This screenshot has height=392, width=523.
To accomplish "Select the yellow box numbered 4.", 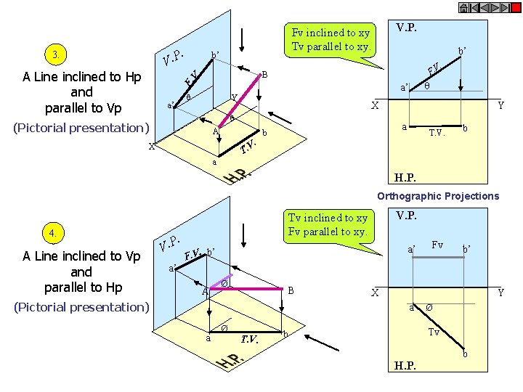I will coord(53,234).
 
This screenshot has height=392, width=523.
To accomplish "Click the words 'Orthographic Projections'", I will coord(438,196).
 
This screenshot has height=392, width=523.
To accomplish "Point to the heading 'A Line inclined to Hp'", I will coord(82,77).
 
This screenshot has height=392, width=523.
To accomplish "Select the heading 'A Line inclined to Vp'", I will coord(81,256).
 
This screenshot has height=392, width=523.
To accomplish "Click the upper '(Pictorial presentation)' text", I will coord(81,128).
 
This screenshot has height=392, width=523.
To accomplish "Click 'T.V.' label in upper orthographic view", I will coord(437,133).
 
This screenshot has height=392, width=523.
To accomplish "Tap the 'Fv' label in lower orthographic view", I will coord(437,245).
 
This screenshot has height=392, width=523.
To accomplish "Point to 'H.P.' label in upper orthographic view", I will coord(405,177).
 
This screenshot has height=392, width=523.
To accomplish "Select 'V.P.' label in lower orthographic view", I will coord(407,216).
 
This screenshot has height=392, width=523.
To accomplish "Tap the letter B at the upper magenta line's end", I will coord(265,75).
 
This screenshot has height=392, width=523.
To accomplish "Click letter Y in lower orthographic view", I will coord(500,293).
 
